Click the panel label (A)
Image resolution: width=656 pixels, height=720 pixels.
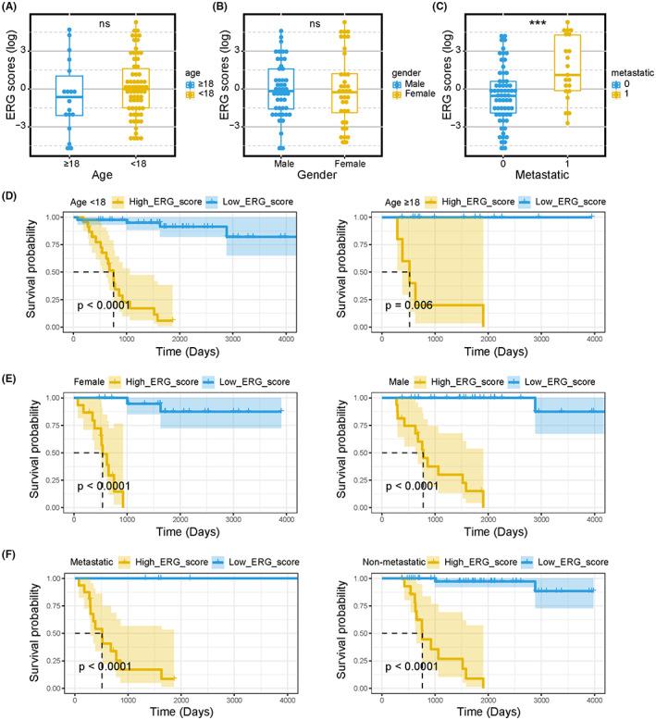pyautogui.click(x=16, y=7)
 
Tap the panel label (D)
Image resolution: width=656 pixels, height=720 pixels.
pyautogui.click(x=16, y=197)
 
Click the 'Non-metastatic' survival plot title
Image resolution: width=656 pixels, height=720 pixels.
pyautogui.click(x=424, y=561)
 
